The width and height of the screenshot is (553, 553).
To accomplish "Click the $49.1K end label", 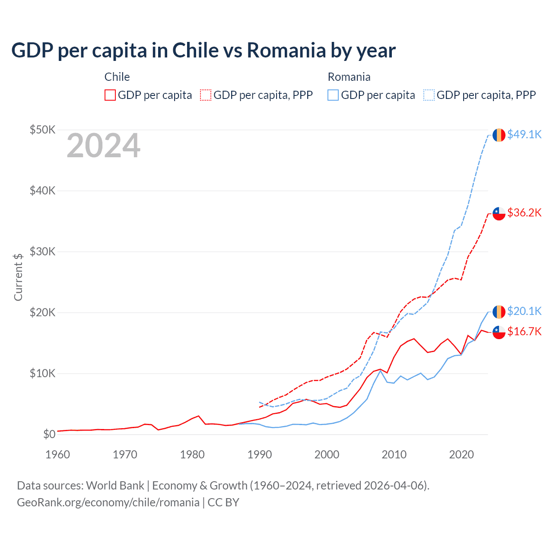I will tap(524, 134).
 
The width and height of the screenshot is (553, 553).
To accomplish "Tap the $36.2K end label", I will tap(524, 213).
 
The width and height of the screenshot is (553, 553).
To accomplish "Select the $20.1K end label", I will tap(524, 311).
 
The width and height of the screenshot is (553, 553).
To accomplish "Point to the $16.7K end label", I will tap(524, 331).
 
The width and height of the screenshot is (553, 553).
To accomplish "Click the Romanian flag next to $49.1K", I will tap(499, 135).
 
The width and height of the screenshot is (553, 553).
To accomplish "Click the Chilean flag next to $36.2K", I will tap(499, 213).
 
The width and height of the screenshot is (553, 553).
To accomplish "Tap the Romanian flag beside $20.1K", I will tap(499, 311).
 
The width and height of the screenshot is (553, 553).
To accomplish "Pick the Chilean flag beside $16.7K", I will tap(499, 332).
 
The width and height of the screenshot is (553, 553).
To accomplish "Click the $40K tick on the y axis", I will tap(42, 191).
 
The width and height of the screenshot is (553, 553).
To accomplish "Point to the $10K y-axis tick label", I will tap(42, 373).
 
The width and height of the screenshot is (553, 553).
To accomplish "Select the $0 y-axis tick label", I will tap(49, 434).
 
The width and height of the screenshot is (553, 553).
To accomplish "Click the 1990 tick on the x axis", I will tap(260, 454).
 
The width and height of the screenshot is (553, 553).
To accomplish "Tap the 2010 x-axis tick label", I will tap(394, 454).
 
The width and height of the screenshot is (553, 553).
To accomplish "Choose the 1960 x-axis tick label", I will tap(58, 454).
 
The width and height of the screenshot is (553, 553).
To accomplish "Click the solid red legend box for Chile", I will tap(110, 95).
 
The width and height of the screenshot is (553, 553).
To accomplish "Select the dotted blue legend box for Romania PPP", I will tap(429, 95).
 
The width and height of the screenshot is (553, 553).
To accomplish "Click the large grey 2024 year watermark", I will tap(103, 146).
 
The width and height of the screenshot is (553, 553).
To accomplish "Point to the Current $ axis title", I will tap(18, 277).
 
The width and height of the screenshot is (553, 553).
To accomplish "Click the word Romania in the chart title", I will tap(286, 51).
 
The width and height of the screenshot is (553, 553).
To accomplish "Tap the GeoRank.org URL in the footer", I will tap(108, 502).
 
